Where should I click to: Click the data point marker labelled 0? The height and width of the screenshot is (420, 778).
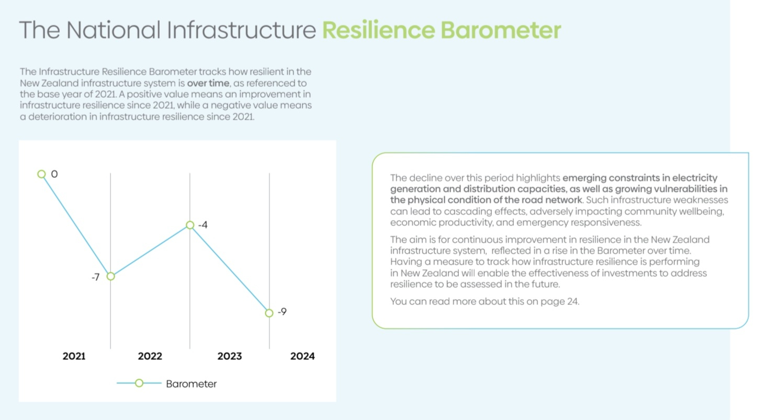click(x=42, y=174)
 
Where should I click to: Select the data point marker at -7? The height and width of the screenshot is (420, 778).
click(x=111, y=276)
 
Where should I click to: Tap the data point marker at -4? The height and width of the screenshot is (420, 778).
click(x=190, y=225)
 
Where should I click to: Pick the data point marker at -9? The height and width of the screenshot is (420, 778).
click(x=269, y=313)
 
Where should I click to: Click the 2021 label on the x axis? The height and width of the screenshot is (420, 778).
click(x=74, y=356)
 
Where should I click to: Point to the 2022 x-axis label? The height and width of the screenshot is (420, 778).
click(x=150, y=356)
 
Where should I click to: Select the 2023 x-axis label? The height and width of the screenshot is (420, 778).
click(x=230, y=356)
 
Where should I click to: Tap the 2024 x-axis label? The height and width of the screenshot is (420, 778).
click(x=302, y=356)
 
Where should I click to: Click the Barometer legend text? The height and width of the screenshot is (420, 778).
click(x=191, y=384)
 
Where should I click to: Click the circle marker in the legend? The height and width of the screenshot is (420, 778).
click(x=139, y=383)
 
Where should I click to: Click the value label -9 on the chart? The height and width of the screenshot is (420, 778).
click(x=283, y=312)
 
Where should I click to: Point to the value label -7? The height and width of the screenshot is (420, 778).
click(x=96, y=277)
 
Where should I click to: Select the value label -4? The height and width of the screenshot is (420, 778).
click(x=203, y=225)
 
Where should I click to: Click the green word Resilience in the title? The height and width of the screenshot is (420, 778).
click(x=379, y=30)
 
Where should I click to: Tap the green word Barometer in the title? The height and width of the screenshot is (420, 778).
click(x=501, y=30)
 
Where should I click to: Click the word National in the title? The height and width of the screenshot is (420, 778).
click(x=113, y=30)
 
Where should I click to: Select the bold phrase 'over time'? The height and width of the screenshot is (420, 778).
click(x=208, y=83)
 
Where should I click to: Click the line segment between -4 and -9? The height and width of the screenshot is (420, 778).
click(x=230, y=269)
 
